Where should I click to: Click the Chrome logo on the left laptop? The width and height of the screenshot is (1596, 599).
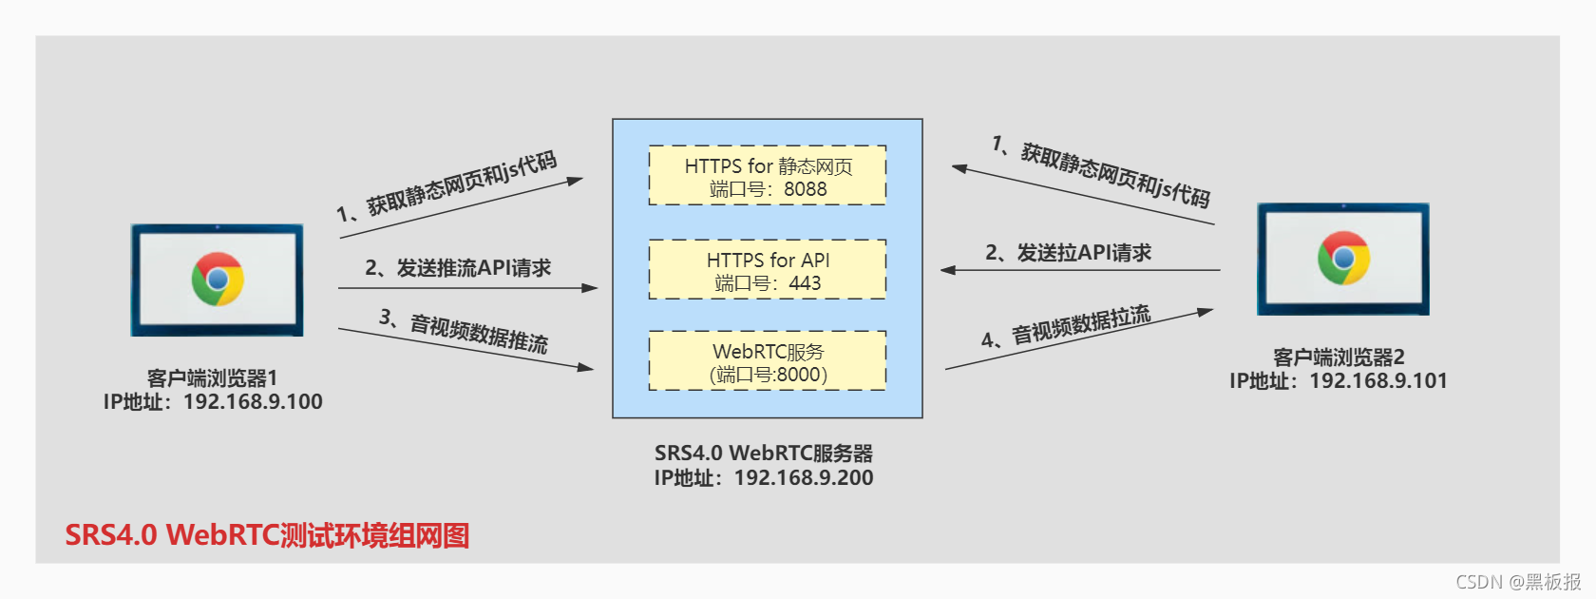218,279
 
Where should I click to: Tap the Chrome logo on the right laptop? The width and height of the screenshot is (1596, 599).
1343,258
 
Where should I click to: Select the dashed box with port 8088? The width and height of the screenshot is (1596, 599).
768,176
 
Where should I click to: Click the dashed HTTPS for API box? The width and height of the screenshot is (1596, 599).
768,270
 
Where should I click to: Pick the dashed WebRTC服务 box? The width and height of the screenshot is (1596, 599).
768,361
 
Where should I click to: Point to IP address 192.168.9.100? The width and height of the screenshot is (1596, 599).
253,402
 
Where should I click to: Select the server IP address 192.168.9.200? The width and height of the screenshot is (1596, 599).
804,478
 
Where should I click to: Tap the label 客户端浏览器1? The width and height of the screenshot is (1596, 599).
212,378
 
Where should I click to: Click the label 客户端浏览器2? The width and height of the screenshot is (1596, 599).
1338,357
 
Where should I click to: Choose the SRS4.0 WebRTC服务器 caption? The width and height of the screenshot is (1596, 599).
763,454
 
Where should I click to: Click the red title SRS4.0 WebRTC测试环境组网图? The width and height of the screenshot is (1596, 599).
267,535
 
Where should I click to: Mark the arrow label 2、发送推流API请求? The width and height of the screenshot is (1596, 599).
458,268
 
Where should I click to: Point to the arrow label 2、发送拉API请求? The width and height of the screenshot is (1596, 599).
1068,253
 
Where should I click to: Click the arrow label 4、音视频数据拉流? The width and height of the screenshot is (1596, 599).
1066,326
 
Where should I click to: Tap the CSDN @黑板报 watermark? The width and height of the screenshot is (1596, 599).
1518,582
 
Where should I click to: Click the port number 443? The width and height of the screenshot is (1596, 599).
805,283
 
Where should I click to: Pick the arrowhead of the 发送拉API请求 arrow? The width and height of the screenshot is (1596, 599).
948,270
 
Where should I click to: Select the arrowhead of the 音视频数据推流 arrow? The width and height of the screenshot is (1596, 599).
586,367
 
